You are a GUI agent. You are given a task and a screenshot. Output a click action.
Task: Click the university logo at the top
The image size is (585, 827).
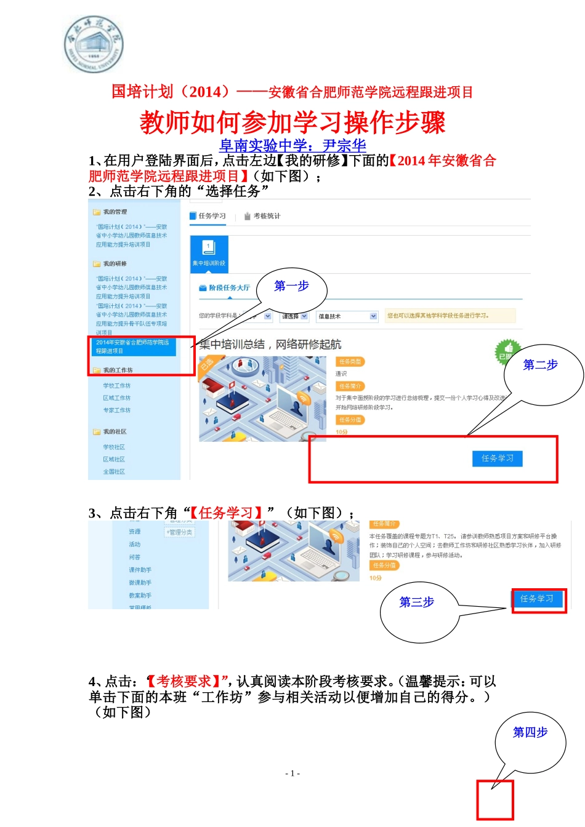(94, 44)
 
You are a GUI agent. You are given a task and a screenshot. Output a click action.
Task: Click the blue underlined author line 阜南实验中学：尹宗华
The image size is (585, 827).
(292, 146)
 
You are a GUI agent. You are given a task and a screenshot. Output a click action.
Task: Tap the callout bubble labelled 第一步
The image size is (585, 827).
(291, 287)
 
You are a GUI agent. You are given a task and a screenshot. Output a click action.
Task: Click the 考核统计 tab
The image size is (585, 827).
(262, 216)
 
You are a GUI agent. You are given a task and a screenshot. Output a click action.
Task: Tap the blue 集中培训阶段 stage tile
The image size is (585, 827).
(209, 252)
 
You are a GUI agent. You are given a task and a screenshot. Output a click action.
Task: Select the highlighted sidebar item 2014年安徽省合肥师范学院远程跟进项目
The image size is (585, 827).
(133, 346)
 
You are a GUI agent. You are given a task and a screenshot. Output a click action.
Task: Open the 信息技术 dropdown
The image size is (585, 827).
(347, 316)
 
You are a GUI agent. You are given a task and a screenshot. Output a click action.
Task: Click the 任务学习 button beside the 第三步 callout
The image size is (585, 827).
(537, 599)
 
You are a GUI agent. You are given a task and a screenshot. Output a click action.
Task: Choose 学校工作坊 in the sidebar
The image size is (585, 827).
(117, 386)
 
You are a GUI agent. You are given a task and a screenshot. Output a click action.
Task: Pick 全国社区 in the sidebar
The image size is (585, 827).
(114, 472)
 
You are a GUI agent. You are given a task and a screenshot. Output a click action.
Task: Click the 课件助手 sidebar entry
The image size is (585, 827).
(140, 570)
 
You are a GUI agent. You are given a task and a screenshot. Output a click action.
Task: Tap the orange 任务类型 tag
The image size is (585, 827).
(350, 362)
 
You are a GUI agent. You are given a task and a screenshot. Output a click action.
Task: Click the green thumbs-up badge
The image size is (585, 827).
(507, 351)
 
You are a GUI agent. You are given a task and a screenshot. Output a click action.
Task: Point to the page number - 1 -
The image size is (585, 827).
(292, 773)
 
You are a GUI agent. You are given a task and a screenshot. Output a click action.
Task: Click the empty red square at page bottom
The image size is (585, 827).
(494, 800)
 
